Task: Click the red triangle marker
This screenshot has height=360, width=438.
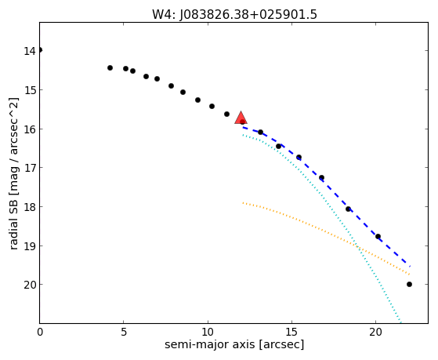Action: pyautogui.click(x=241, y=118)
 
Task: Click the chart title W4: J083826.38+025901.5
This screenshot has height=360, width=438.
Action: pyautogui.click(x=234, y=14)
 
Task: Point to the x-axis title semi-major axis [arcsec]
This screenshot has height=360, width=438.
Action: pyautogui.click(x=234, y=344)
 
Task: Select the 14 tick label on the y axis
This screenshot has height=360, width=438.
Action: pyautogui.click(x=30, y=51)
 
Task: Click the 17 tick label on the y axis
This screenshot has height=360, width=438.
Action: pyautogui.click(x=30, y=168)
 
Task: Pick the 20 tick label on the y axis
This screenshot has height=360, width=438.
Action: pyautogui.click(x=30, y=285)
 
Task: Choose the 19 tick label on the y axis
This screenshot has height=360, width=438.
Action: pyautogui.click(x=30, y=245)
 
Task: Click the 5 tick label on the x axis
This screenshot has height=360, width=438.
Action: pyautogui.click(x=124, y=332)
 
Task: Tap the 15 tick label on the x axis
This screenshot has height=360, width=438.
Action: pyautogui.click(x=291, y=332)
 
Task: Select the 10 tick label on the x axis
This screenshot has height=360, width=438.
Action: pyautogui.click(x=208, y=332)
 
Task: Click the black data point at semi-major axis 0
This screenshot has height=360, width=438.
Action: pyautogui.click(x=40, y=50)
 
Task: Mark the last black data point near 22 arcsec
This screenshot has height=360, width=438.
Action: pyautogui.click(x=409, y=285)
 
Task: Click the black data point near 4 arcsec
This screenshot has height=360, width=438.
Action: pyautogui.click(x=110, y=67)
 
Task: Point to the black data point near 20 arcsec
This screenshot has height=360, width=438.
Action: pyautogui.click(x=378, y=236)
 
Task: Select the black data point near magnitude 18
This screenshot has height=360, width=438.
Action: pyautogui.click(x=348, y=209)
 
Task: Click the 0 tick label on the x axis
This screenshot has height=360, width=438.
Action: pyautogui.click(x=40, y=332)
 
